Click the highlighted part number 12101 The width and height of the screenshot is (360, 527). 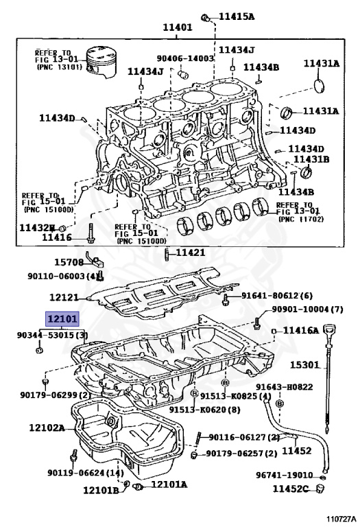pos(62,319)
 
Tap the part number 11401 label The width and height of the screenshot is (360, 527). pos(177,27)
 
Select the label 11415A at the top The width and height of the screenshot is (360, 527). pos(237,16)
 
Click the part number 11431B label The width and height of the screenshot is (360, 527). pos(312,159)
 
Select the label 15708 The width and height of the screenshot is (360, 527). pos(69,261)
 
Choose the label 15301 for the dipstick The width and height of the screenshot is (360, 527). pos(304,365)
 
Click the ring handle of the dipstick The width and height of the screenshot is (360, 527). pos(335,328)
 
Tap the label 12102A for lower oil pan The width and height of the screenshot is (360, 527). pos(47,428)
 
